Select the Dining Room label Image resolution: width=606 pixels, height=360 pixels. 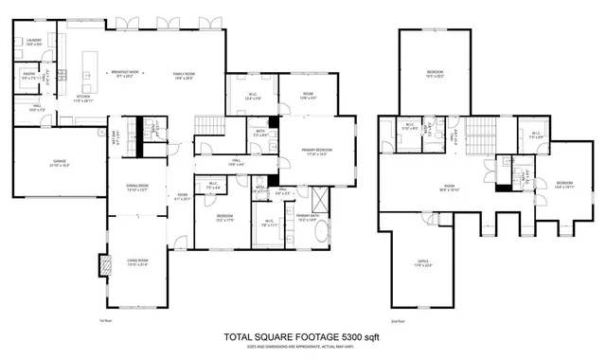pos(138,188)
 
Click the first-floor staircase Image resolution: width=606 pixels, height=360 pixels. pos(208,125)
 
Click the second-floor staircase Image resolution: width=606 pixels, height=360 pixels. pos(482,137)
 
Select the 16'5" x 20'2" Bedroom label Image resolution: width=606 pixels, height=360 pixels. pos(435,73)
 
